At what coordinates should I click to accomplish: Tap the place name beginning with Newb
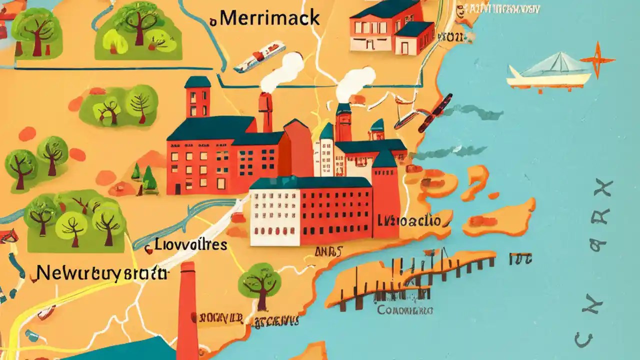tap(102, 273)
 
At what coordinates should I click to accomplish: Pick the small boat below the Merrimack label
tap(259, 56)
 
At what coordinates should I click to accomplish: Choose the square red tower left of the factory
tap(198, 97)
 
